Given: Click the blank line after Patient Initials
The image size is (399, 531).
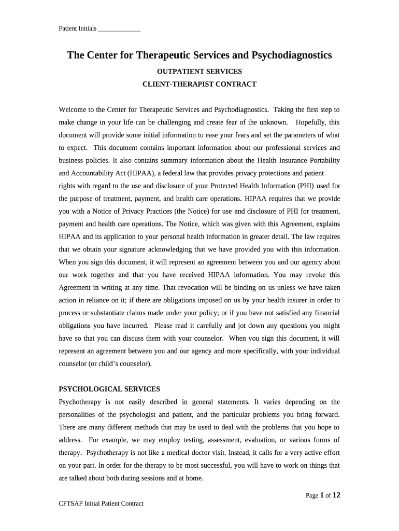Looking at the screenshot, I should click(x=119, y=29).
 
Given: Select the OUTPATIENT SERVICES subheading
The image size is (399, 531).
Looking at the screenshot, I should click(x=199, y=71).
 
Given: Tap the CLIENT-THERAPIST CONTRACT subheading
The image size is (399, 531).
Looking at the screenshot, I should click(x=199, y=84).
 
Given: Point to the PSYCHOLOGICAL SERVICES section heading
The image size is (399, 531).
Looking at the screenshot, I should click(x=109, y=389).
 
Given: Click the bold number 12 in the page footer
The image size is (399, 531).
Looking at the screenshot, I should click(x=336, y=495).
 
